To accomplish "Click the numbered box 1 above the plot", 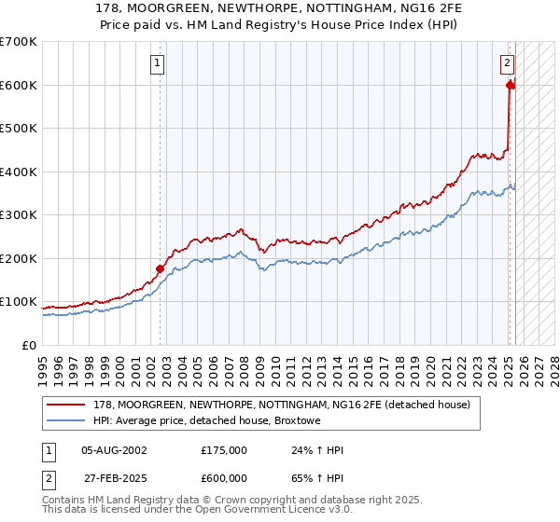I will (158, 63).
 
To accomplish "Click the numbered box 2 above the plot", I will (507, 63).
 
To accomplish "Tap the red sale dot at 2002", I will (160, 268).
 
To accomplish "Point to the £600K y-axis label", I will (18, 85).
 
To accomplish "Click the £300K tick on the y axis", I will (18, 214).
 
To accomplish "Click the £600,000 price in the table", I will (224, 477).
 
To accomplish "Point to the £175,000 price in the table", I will (224, 450).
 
